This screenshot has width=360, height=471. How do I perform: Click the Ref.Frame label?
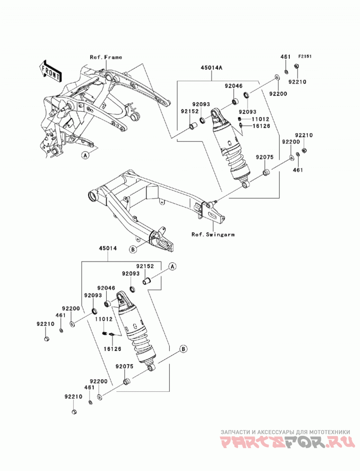click(106, 57)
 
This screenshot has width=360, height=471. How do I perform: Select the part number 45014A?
click(211, 68)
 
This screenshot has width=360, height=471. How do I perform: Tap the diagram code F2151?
click(305, 56)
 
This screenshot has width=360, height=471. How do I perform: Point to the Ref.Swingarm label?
click(213, 234)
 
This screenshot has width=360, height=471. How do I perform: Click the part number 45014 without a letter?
click(108, 248)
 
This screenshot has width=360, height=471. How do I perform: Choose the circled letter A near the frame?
click(86, 155)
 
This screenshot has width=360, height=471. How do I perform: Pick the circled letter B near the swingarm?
click(133, 249)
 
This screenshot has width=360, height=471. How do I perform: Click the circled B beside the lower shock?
click(184, 349)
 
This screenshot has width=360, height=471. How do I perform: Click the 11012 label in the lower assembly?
click(103, 319)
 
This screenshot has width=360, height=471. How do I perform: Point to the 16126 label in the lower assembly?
click(112, 349)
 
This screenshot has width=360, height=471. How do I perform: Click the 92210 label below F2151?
click(297, 82)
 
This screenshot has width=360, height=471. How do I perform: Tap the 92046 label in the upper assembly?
click(234, 86)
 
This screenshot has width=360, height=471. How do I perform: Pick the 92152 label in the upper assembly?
click(189, 111)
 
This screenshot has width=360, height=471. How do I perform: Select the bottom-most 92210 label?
click(73, 396)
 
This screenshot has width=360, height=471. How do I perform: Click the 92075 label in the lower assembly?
click(124, 367)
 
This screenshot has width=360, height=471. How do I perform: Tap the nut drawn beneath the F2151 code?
click(295, 66)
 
